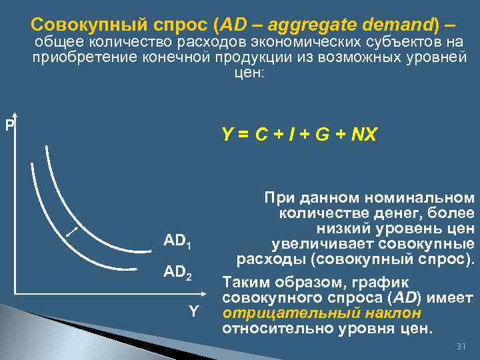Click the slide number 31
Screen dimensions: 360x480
[x=459, y=347]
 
